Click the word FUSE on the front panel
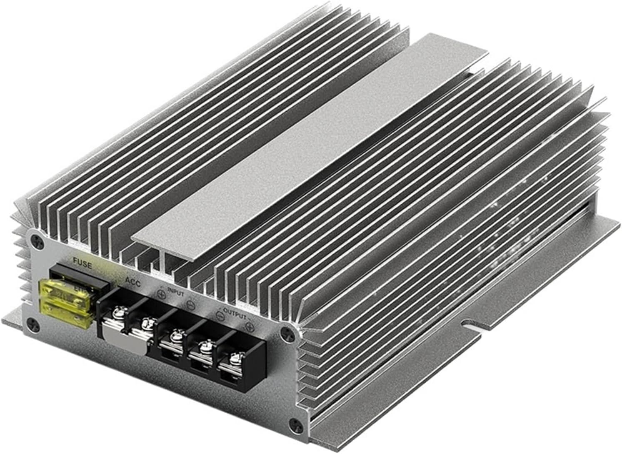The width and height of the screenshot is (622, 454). pyautogui.click(x=82, y=263)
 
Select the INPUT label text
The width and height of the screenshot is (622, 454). pyautogui.click(x=175, y=291)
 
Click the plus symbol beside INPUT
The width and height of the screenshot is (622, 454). pyautogui.click(x=162, y=295)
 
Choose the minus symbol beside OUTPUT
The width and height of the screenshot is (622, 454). pyautogui.click(x=221, y=316)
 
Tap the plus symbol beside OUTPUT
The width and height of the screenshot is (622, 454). pyautogui.click(x=250, y=326)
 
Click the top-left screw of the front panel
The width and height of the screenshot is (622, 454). pyautogui.click(x=38, y=241)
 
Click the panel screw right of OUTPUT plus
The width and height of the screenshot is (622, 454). pyautogui.click(x=286, y=333)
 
